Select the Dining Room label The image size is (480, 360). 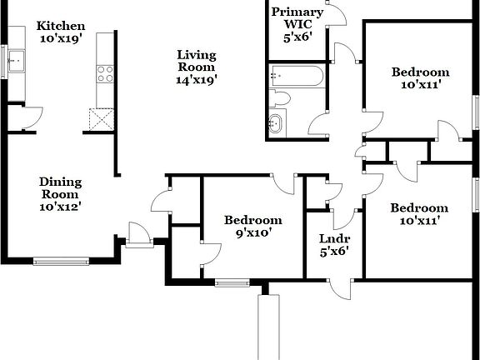(x=61, y=186)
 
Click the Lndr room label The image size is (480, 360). (x=333, y=237)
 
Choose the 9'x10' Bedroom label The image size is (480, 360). (x=252, y=220)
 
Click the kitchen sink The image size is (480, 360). (x=16, y=61)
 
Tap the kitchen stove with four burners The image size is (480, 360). (x=105, y=74)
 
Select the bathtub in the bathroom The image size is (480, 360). (x=295, y=77)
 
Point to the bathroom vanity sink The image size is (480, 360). (x=277, y=123)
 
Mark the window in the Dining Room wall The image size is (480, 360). (x=61, y=261)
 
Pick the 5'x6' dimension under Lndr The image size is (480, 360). (x=333, y=250)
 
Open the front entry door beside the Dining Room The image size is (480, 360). (x=137, y=234)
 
